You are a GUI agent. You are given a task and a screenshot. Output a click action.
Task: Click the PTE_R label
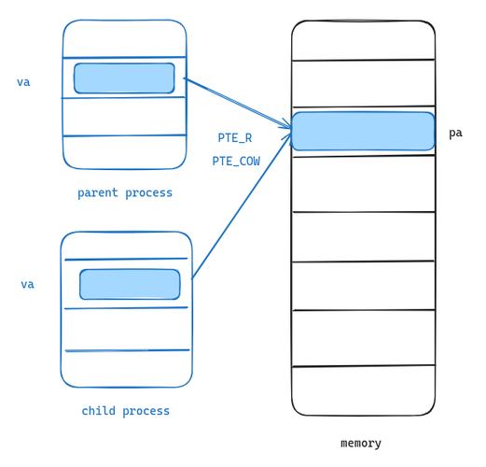click(x=235, y=137)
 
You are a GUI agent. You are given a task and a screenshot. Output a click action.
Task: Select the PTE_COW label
click(x=236, y=161)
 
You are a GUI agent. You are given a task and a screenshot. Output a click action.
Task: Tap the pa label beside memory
click(x=455, y=134)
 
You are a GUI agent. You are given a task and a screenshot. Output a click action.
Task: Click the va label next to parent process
click(x=23, y=82)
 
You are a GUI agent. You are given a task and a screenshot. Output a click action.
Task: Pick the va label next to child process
click(x=27, y=284)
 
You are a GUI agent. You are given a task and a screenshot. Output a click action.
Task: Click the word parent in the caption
click(x=98, y=193)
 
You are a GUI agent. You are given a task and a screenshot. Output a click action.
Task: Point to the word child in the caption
click(x=98, y=411)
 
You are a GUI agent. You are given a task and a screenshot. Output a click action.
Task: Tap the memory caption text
click(x=361, y=443)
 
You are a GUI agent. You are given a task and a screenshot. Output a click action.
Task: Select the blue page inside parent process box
click(x=124, y=78)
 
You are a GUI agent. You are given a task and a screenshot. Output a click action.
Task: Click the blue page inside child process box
click(x=130, y=284)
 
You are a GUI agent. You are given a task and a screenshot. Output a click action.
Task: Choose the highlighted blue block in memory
click(x=363, y=131)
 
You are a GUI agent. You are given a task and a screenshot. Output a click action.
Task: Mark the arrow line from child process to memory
click(x=242, y=205)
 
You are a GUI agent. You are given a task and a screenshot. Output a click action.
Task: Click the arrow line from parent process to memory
click(x=238, y=103)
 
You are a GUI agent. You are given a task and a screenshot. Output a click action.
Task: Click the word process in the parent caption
click(x=148, y=193)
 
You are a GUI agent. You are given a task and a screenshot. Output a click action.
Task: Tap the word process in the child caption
click(x=146, y=411)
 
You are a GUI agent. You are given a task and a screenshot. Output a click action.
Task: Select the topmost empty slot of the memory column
click(x=363, y=40)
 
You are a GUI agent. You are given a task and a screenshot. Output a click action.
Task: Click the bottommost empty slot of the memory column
click(x=363, y=390)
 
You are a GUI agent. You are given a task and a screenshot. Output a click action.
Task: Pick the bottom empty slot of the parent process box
click(x=125, y=152)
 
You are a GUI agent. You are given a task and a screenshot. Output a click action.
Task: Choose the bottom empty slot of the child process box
click(x=127, y=369)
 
